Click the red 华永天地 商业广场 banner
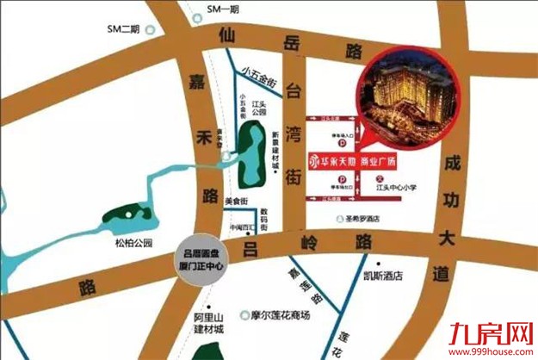[372, 161]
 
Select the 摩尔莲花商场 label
[284, 314]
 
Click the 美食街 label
[236, 202]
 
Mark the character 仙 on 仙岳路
[226, 37]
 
